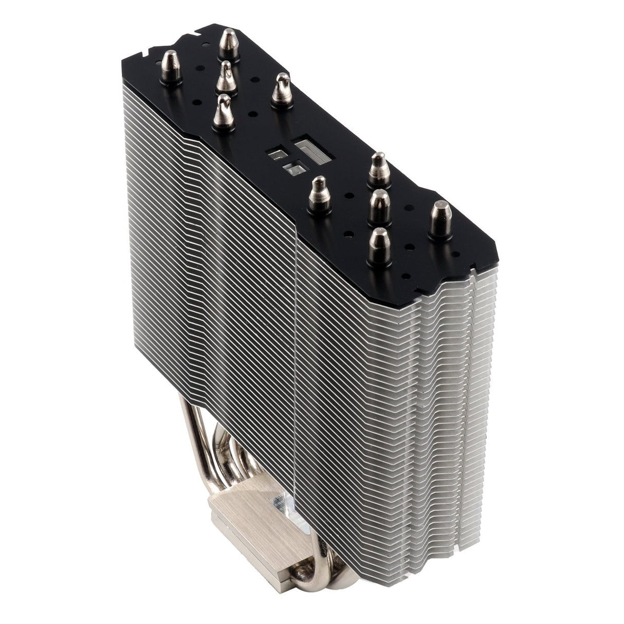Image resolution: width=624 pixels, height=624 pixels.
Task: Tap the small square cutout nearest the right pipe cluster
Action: [x=295, y=169]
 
